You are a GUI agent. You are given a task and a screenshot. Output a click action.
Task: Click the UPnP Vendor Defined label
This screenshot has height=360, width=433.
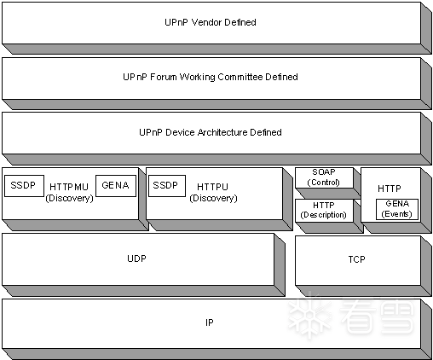pos(211,22)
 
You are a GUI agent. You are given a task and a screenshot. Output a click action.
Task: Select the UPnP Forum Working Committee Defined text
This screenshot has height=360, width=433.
pos(211,77)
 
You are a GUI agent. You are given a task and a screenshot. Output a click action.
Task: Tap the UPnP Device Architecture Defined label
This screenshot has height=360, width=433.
pos(211,132)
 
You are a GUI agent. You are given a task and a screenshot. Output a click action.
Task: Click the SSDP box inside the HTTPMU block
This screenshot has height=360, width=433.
pos(25,186)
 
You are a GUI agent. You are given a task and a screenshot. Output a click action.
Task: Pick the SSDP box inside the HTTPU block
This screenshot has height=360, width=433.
pos(167,186)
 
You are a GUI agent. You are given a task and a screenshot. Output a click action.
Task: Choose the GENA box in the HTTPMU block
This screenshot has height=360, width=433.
pos(116,186)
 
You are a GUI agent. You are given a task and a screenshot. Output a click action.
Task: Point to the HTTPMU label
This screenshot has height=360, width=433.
pos(69,187)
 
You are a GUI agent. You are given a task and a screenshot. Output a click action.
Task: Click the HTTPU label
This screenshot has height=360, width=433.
pos(212,187)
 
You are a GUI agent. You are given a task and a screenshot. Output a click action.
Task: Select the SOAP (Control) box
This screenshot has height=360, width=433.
pos(324,177)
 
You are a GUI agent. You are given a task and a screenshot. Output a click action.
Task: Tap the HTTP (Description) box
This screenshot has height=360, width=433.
pos(324,211)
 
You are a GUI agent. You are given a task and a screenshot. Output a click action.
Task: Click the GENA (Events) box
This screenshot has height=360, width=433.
pos(397,209)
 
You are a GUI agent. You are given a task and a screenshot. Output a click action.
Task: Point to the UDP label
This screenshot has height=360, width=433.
pos(136,258)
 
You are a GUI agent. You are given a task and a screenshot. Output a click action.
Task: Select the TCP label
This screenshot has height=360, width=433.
pos(356,259)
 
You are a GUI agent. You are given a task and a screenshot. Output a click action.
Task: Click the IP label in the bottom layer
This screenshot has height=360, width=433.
pos(210,322)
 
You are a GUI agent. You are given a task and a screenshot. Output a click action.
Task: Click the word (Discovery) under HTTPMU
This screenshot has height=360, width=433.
pos(69,198)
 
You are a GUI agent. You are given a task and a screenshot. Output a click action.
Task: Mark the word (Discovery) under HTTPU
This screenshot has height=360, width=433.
pos(213,198)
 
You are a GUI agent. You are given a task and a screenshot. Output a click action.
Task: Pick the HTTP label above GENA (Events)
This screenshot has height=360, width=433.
pos(390,189)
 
